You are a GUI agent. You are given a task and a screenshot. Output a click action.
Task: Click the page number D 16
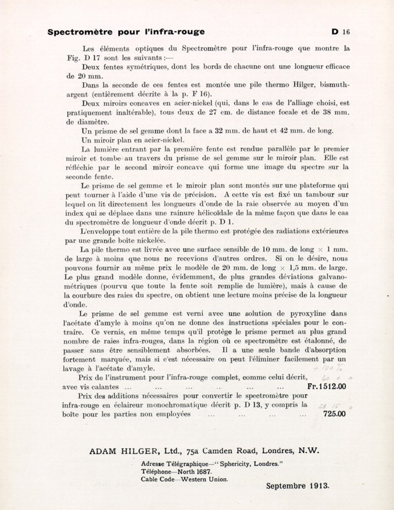pyautogui.click(x=340, y=32)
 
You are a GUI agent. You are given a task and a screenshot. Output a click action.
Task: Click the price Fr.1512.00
pyautogui.click(x=326, y=386)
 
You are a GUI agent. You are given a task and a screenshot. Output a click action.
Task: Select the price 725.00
pyautogui.click(x=334, y=414)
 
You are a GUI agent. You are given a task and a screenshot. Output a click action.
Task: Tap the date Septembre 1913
pyautogui.click(x=298, y=486)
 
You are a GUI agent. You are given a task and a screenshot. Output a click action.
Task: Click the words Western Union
pyautogui.click(x=204, y=479)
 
